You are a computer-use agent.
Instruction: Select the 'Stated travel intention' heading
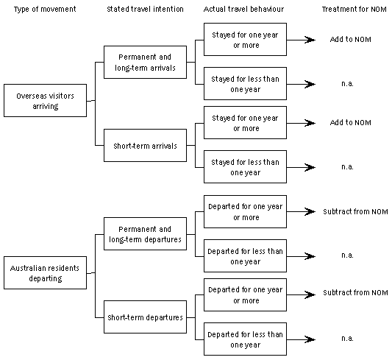140,8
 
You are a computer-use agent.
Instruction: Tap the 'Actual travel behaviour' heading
245,8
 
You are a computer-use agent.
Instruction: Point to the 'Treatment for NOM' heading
353,8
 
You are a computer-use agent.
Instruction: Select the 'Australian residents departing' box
45,272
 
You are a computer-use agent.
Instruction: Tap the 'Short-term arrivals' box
144,145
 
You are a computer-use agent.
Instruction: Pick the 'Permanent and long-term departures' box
144,234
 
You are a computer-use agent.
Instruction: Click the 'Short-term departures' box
144,317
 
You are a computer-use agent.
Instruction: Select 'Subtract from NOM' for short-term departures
354,293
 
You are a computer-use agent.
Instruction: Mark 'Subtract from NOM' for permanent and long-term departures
354,212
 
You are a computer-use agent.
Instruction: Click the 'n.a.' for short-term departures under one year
348,337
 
